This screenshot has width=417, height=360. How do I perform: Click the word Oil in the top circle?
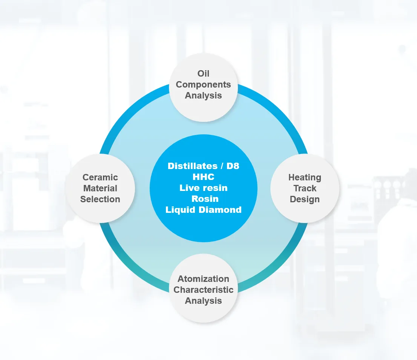pyautogui.click(x=203, y=74)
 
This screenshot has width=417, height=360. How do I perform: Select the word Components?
pyautogui.click(x=203, y=85)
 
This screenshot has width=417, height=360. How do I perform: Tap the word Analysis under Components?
pyautogui.click(x=203, y=95)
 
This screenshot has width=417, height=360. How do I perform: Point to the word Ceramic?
pyautogui.click(x=100, y=177)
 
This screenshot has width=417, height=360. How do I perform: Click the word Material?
pyautogui.click(x=100, y=188)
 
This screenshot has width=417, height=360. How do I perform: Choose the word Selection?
pyautogui.click(x=100, y=199)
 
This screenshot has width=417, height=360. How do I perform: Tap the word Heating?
pyautogui.click(x=305, y=177)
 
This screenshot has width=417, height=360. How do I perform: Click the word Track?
pyautogui.click(x=305, y=188)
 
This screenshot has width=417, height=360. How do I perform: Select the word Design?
pyautogui.click(x=305, y=199)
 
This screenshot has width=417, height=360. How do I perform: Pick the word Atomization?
pyautogui.click(x=203, y=278)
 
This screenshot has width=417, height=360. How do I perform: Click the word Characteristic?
pyautogui.click(x=203, y=289)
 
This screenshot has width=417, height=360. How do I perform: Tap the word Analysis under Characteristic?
pyautogui.click(x=203, y=301)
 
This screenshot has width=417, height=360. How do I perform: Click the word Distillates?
pyautogui.click(x=193, y=166)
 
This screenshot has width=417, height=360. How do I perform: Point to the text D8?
pyautogui.click(x=233, y=166)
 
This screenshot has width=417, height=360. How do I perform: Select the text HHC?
pyautogui.click(x=203, y=177)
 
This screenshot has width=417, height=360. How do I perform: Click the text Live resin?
pyautogui.click(x=203, y=188)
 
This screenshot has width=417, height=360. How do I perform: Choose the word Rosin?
pyautogui.click(x=205, y=199)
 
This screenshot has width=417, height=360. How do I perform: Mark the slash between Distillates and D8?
pyautogui.click(x=222, y=166)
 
